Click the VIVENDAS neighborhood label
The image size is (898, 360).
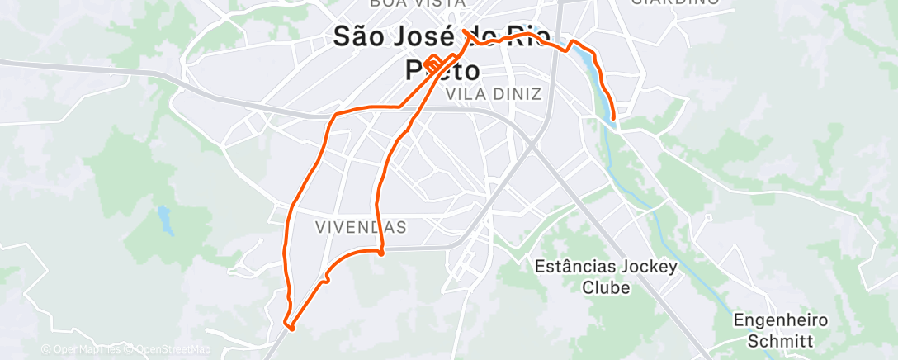pyautogui.click(x=362, y=226)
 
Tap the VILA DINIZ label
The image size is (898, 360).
pyautogui.click(x=493, y=94)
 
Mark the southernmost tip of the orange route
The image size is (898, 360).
pyautogui.click(x=291, y=329)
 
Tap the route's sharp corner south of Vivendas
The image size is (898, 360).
pyautogui.click(x=380, y=253)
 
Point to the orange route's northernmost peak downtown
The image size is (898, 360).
pyautogui.click(x=466, y=31)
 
